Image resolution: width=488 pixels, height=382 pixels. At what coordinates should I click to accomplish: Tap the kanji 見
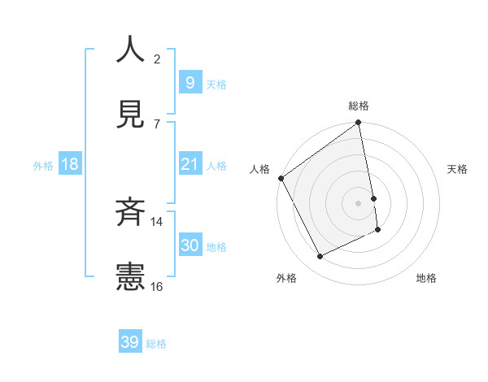[129, 116]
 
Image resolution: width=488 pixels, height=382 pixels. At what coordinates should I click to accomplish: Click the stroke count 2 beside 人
[157, 59]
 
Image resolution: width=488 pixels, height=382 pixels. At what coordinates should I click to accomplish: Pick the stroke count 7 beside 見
[157, 124]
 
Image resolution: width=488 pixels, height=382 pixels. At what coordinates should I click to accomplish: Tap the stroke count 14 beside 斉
[157, 221]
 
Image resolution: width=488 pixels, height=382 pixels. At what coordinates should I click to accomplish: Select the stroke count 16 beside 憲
[157, 286]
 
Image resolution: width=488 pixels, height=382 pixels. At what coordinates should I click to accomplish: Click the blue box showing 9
[190, 82]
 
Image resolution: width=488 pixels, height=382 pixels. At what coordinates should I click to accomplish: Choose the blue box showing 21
[190, 164]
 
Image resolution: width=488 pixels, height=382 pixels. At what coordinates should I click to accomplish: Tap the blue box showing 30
[190, 245]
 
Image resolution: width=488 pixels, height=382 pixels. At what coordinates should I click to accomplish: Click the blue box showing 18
[70, 164]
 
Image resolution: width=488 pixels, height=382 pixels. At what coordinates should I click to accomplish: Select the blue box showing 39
[130, 342]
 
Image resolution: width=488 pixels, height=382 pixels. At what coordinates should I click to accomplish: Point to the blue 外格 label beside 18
[43, 166]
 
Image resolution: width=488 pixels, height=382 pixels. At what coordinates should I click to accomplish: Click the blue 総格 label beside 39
[156, 344]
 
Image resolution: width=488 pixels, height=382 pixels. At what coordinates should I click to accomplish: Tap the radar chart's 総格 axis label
[359, 106]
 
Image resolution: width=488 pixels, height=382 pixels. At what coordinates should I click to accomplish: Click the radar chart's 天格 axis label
[457, 169]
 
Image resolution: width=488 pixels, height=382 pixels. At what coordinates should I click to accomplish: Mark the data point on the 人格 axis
[281, 178]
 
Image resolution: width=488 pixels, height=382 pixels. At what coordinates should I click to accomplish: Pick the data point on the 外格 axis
[320, 257]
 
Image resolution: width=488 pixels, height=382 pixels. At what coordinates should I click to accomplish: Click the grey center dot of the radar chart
[359, 203]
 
